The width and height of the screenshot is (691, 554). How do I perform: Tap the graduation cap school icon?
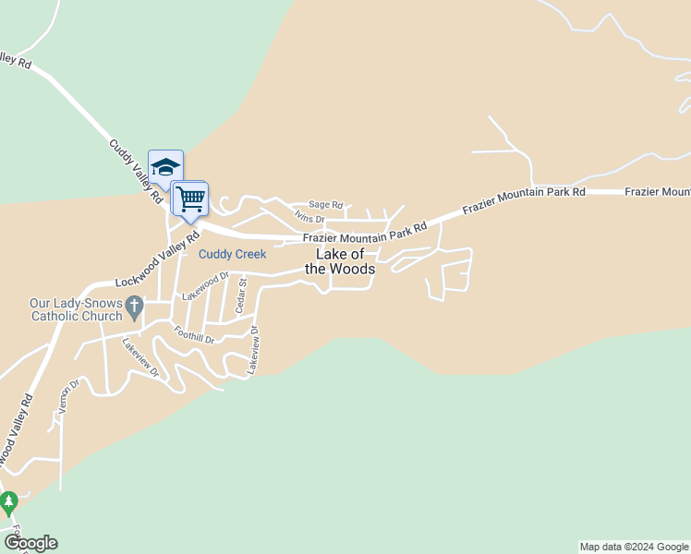tap(165, 167)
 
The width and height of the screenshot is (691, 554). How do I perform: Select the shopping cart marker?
tap(190, 199)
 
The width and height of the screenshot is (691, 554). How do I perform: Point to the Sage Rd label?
tap(325, 205)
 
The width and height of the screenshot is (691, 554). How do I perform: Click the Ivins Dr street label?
tap(309, 218)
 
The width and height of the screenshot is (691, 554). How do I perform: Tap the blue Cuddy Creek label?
tap(233, 254)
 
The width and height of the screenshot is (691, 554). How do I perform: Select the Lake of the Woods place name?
tap(340, 261)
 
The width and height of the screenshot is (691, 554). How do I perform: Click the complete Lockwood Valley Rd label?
tap(158, 261)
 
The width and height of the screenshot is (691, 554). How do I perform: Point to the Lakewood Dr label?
tap(205, 285)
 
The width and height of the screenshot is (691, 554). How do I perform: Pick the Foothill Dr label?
tap(194, 333)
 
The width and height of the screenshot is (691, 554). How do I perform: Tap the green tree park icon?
tap(9, 503)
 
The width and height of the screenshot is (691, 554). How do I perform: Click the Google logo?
tap(30, 543)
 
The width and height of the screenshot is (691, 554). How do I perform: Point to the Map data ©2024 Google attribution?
tap(634, 547)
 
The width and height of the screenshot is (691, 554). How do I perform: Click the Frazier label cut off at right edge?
tap(657, 191)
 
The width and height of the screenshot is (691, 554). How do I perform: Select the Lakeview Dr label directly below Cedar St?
tap(252, 349)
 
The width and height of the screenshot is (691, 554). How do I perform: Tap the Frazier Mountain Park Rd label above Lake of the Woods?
tap(366, 234)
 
